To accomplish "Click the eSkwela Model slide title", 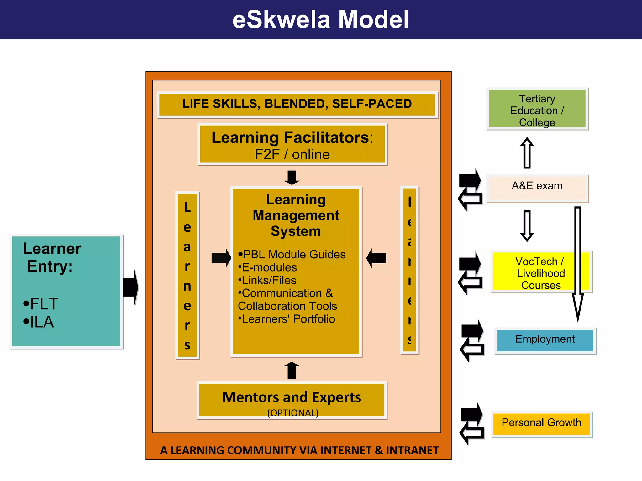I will tap(320, 20).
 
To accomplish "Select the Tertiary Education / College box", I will tap(537, 109).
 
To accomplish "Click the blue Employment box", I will tap(545, 340).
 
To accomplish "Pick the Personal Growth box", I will tap(541, 423).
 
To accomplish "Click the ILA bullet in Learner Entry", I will tap(39, 322).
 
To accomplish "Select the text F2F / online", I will tap(292, 155).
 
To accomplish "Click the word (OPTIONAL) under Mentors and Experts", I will tap(292, 413).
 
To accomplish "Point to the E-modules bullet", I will tap(268, 268).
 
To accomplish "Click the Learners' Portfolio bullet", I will tap(287, 319).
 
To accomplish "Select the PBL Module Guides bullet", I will tap(292, 255).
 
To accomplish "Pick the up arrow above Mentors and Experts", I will tap(292, 370).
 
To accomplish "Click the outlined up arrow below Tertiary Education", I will tap(527, 153).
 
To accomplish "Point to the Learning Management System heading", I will tap(296, 215).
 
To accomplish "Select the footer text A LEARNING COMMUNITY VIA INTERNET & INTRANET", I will tap(299, 450).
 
